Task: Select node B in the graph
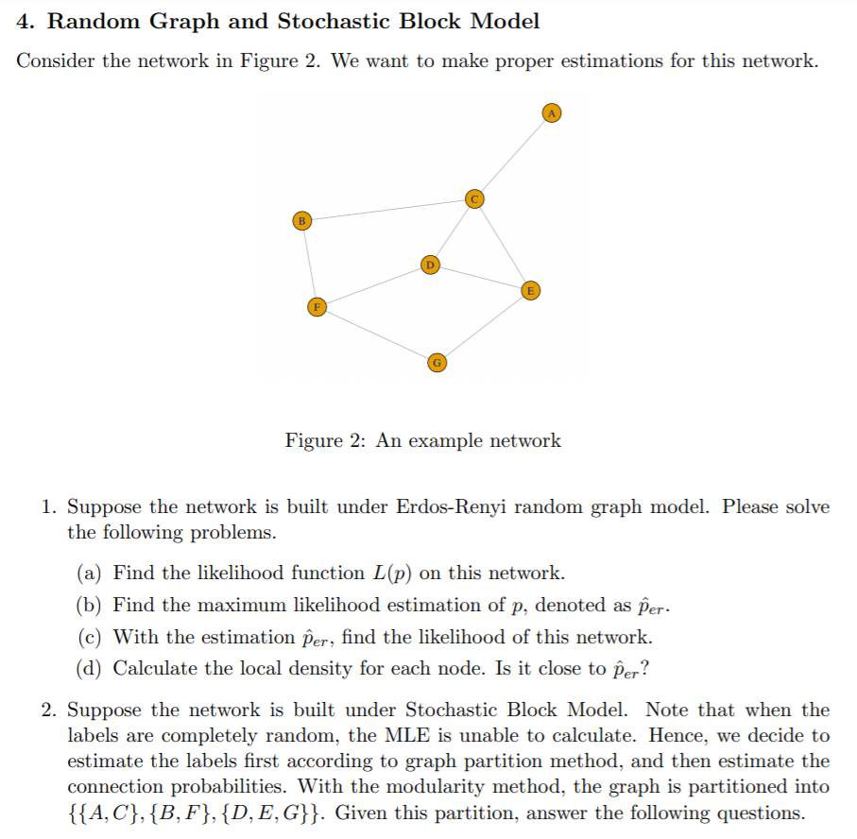301,220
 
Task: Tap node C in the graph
475,197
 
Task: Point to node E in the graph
531,290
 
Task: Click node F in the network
317,306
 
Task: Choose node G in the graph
436,362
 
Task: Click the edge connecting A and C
514,155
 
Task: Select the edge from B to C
388,209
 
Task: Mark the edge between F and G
376,334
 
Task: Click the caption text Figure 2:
326,440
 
